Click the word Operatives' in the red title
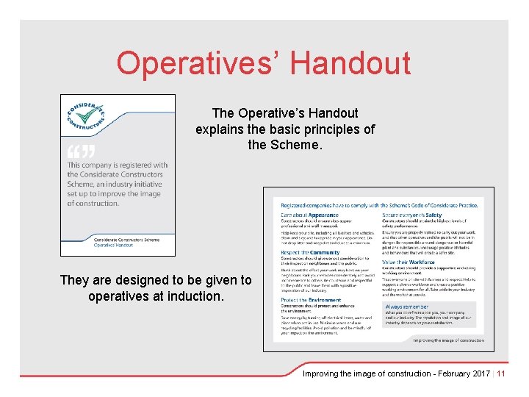(195, 63)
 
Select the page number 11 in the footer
(501, 373)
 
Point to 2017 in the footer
(482, 373)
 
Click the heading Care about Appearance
(309, 215)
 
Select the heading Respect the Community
(310, 253)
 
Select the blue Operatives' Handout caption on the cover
(115, 245)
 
